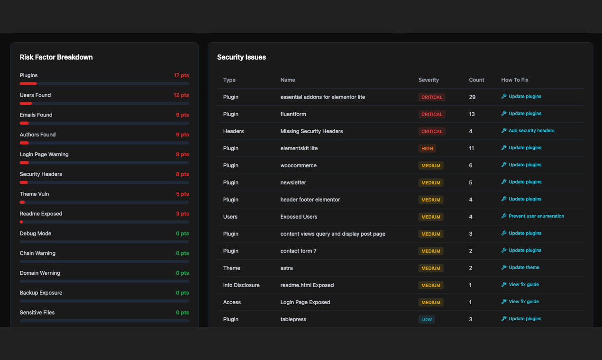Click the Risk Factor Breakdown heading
[56, 57]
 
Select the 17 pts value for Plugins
[181, 75]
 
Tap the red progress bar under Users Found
[26, 103]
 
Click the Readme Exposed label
[41, 214]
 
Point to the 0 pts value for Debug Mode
[182, 234]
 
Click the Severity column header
[429, 80]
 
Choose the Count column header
[476, 80]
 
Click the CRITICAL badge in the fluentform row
[431, 114]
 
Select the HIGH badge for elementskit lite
[427, 148]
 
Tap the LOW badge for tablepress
[427, 319]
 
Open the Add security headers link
[531, 131]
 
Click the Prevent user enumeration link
[536, 216]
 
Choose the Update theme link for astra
[523, 267]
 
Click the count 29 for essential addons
[472, 97]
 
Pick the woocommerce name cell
[298, 165]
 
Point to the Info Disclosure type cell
[241, 285]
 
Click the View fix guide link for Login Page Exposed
[523, 301]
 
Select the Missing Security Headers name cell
[311, 131]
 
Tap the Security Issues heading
[241, 57]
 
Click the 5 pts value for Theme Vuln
[182, 194]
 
